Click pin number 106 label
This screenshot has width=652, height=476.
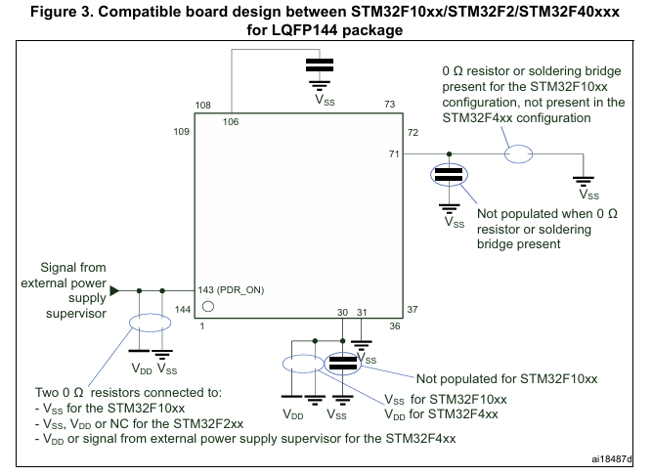click(230, 121)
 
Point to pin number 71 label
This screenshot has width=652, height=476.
click(394, 153)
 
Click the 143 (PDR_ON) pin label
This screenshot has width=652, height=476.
click(232, 290)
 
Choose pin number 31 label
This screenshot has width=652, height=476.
click(361, 312)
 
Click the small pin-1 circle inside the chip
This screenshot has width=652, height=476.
click(207, 306)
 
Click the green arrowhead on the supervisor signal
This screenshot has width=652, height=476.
click(116, 290)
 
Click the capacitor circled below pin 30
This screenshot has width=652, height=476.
click(342, 364)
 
